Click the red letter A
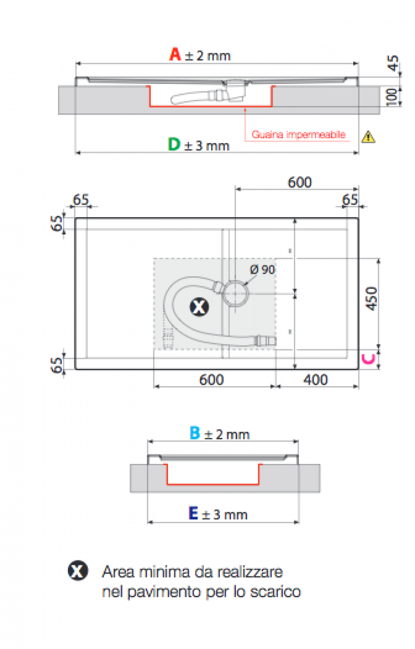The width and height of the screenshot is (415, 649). [175, 54]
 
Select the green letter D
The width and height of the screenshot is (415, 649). [174, 144]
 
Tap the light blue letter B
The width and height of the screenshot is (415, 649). [195, 433]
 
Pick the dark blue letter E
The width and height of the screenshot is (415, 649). [193, 513]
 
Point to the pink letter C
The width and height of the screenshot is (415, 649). [368, 359]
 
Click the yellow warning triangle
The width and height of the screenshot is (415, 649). [368, 137]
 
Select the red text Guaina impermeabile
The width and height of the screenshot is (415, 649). [298, 135]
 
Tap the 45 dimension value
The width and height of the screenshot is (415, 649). [393, 63]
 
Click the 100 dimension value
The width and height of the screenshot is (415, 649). [392, 97]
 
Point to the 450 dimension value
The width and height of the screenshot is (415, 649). [371, 299]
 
